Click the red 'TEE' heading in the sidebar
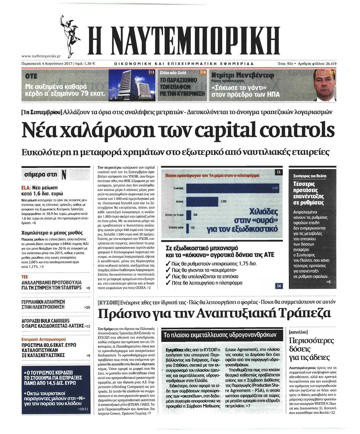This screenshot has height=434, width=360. pyautogui.click(x=25, y=277)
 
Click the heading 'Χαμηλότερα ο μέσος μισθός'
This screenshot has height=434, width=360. pyautogui.click(x=52, y=233)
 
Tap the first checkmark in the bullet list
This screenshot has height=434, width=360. pyautogui.click(x=169, y=264)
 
